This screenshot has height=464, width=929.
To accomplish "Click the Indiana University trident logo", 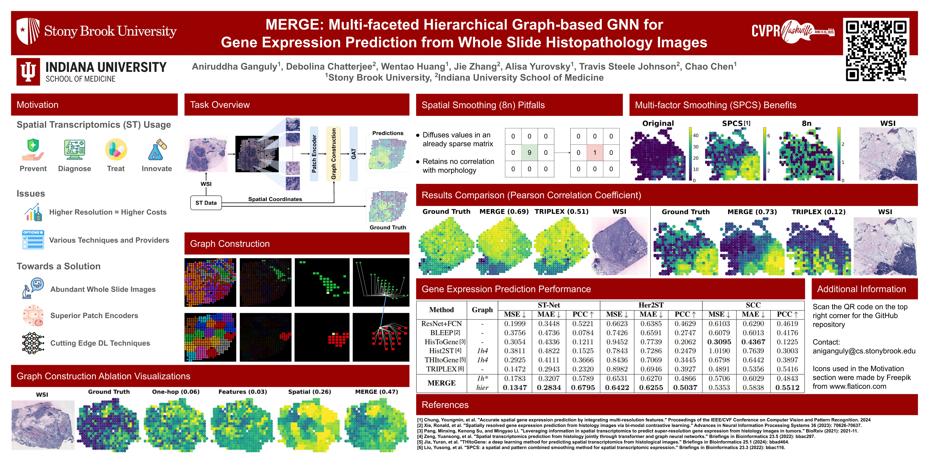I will click(x=28, y=72).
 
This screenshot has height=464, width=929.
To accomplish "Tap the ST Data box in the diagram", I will click(x=206, y=203).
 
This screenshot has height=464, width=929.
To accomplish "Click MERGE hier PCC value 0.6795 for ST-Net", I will click(x=583, y=388).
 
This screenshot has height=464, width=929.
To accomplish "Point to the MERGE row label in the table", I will click(x=441, y=383).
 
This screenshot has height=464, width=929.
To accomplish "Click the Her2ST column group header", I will click(x=651, y=305).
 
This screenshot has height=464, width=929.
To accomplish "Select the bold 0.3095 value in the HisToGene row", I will click(x=719, y=342).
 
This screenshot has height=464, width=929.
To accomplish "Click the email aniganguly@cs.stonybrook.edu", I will click(x=864, y=351).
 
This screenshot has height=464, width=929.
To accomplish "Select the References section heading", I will click(x=445, y=405).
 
